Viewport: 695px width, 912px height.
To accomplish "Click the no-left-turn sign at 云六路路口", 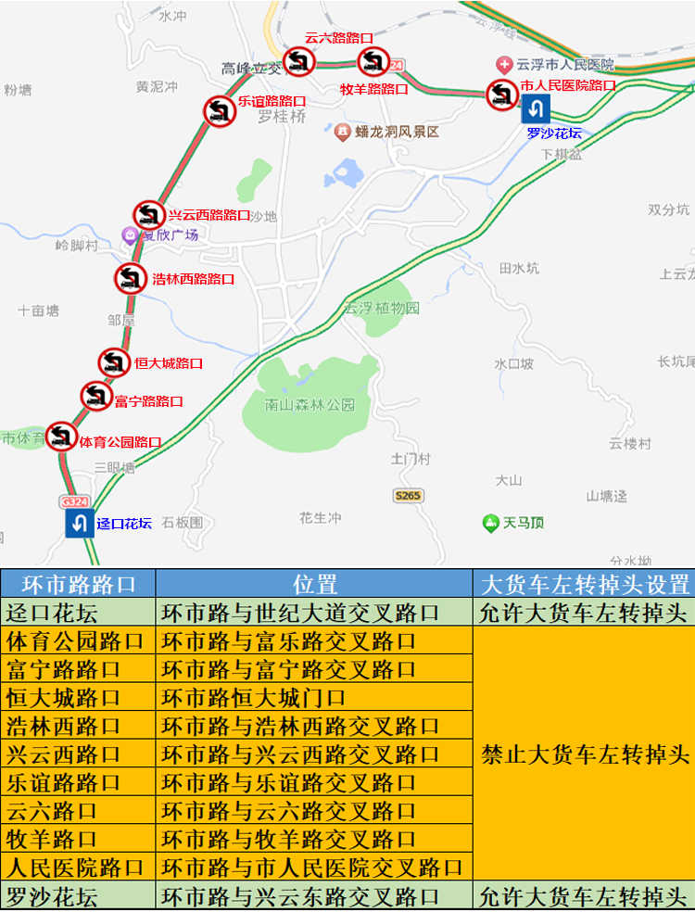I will [298, 61].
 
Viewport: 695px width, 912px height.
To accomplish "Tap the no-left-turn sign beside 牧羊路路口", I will [373, 62].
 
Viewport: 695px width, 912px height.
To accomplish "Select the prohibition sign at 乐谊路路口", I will [219, 110].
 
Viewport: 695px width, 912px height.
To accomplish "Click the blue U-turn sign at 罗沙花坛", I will [536, 109].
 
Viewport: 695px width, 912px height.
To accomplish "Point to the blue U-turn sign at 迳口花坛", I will [79, 523].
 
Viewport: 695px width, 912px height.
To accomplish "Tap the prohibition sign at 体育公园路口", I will [61, 436].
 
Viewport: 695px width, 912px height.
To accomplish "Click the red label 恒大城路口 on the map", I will [169, 363].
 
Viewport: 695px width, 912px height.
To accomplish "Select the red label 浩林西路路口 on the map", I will [193, 278].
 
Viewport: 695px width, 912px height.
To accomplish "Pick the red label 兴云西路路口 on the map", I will [209, 214].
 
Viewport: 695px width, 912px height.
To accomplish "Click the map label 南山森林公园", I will [310, 405].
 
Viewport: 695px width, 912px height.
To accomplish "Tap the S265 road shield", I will [407, 496].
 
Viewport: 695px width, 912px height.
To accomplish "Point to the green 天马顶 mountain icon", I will [490, 523].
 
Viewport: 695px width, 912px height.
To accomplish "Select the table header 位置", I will [315, 584].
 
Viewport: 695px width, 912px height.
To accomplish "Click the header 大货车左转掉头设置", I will [584, 584].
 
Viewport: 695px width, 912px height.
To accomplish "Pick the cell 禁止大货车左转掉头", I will [584, 754].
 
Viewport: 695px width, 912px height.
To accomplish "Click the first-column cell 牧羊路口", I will [53, 840].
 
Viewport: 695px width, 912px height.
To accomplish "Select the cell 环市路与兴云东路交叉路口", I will [300, 897].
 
